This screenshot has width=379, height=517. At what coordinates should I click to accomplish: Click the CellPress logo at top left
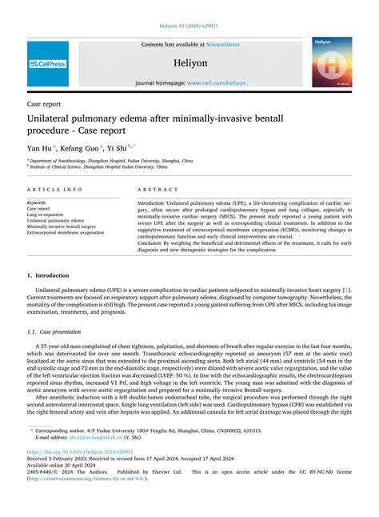pos(48,63)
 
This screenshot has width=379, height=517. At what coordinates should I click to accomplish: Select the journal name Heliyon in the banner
pos(189,63)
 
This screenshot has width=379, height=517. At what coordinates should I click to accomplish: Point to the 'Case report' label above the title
pos(45,104)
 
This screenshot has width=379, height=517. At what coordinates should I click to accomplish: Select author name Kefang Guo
pos(83,147)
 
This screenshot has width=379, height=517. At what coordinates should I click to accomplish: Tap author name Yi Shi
pos(122,147)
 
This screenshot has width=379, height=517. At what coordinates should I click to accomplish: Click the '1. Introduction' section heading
pos(52,275)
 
